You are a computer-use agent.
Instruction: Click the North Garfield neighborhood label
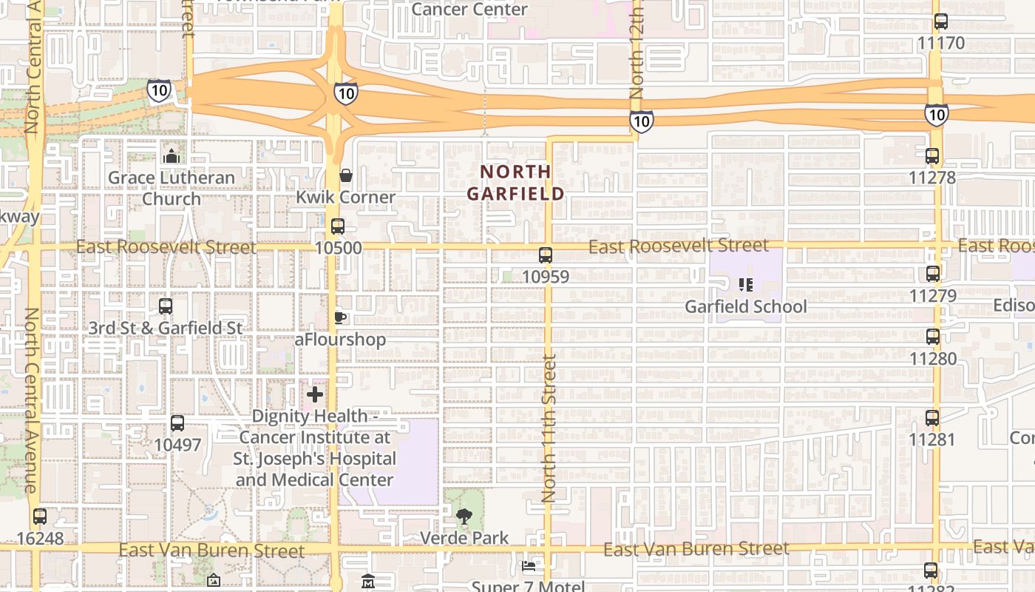516,182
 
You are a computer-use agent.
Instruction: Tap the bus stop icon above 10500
338,226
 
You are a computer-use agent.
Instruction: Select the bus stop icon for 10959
546,255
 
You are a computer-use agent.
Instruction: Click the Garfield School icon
745,284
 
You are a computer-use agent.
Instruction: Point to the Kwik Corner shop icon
345,175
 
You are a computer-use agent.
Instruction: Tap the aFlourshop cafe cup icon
339,317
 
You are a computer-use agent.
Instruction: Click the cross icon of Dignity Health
315,394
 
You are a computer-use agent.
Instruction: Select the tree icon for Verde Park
464,516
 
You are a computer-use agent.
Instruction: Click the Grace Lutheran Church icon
172,156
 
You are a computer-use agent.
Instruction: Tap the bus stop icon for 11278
932,156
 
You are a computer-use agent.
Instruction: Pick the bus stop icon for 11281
932,417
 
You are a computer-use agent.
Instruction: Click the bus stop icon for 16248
40,517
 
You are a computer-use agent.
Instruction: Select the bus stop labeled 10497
177,423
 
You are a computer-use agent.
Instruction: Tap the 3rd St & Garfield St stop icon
166,306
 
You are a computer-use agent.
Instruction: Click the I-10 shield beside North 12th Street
641,121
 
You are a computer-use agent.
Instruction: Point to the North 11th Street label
549,429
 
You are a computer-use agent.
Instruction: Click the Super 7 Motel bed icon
529,566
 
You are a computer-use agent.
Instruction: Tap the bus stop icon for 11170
941,21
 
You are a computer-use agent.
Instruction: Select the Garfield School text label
745,306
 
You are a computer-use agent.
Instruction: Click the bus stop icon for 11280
933,337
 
